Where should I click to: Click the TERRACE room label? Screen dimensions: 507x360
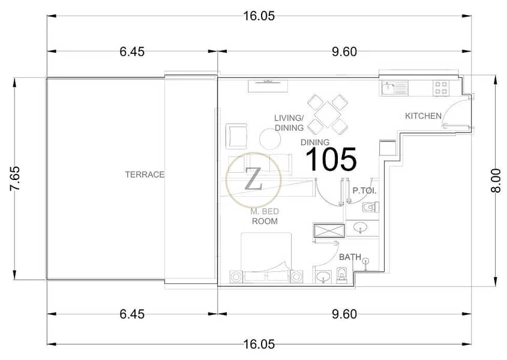(x=145, y=175)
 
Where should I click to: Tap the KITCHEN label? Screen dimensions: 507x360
(x=423, y=116)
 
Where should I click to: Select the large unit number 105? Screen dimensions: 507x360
(x=331, y=159)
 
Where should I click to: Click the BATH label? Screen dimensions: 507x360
(x=350, y=257)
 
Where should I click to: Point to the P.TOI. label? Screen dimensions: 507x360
(x=364, y=191)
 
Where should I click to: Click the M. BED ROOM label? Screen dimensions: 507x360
(x=265, y=217)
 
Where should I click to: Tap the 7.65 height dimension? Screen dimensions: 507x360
(x=15, y=179)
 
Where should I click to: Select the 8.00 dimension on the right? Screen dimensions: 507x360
(x=496, y=181)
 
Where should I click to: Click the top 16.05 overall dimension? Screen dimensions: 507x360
(x=259, y=16)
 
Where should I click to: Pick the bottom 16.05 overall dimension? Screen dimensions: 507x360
(x=259, y=344)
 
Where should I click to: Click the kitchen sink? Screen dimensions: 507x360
(x=394, y=88)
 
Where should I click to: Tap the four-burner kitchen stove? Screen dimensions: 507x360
(x=441, y=88)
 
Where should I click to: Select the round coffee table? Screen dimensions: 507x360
(x=270, y=139)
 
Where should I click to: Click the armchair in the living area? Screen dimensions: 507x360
(x=237, y=136)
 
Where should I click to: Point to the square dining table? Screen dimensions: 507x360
(x=328, y=115)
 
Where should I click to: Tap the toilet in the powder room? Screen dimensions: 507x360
(x=371, y=206)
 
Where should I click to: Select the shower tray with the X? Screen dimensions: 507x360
(x=329, y=231)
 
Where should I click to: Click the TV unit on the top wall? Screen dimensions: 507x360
(x=268, y=86)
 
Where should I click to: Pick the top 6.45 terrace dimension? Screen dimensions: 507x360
(x=132, y=52)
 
